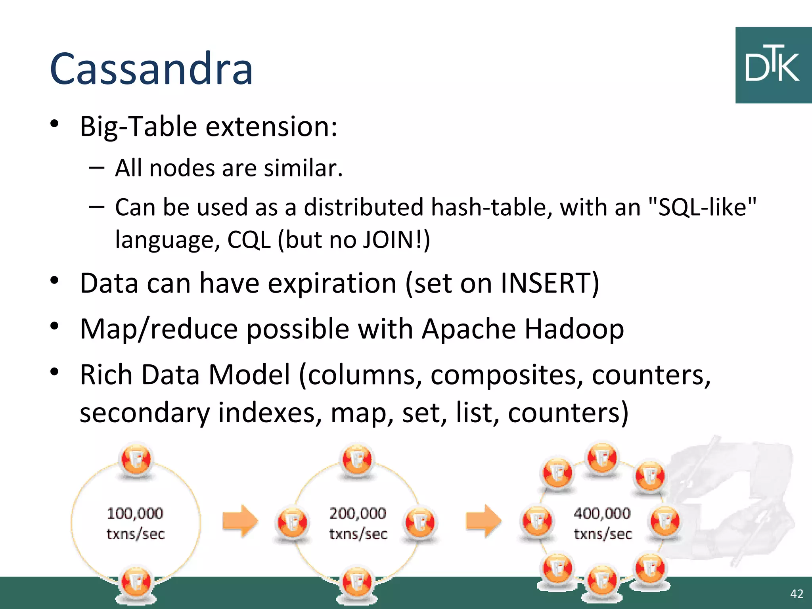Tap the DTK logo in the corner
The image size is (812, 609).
(x=773, y=65)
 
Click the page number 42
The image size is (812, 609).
(x=797, y=594)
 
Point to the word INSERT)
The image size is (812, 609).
(x=550, y=283)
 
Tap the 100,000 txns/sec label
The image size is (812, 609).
(x=135, y=523)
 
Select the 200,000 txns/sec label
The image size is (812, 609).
(x=358, y=523)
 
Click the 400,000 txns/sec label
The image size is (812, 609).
(x=602, y=523)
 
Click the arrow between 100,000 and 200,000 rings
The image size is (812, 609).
(x=240, y=521)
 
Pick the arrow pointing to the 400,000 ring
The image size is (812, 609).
(x=483, y=521)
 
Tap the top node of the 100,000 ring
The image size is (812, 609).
(x=136, y=460)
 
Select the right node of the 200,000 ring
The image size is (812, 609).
(x=420, y=522)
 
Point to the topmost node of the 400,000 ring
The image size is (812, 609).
(x=602, y=458)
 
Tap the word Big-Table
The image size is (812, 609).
(x=138, y=126)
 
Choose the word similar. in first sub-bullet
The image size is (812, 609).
(x=303, y=168)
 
